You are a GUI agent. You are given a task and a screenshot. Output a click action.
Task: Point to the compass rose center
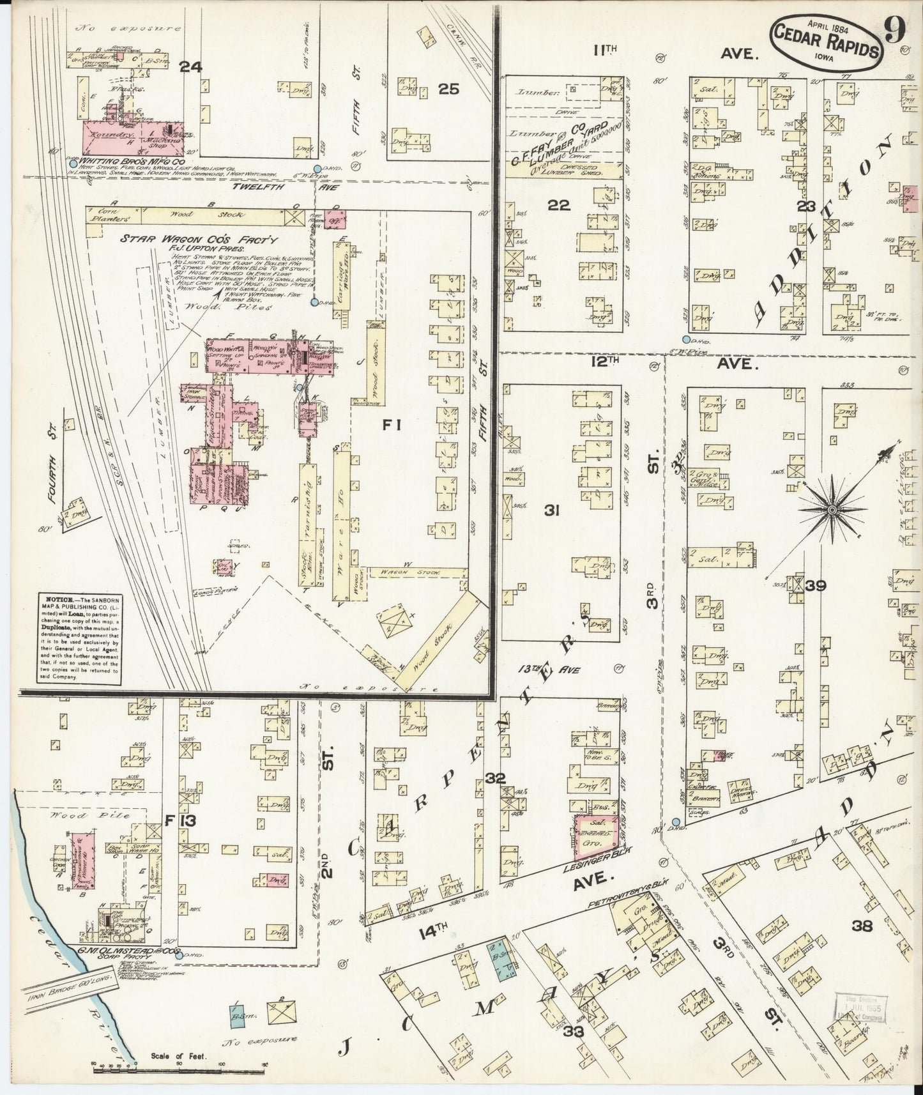(x=833, y=509)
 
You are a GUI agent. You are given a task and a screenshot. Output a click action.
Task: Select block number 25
(x=448, y=89)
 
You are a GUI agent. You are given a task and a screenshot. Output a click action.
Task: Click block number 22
(x=559, y=204)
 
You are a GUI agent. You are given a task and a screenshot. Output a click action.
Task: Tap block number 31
(x=552, y=510)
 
